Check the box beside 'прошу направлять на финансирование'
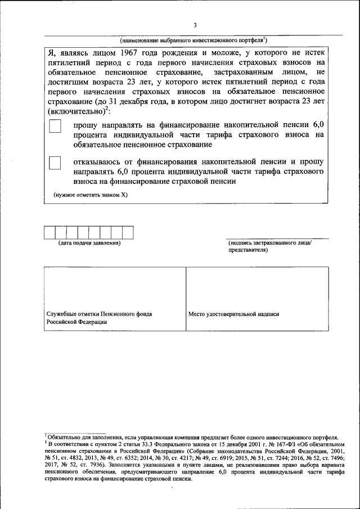click(x=55, y=127)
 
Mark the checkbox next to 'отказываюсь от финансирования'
click(x=55, y=163)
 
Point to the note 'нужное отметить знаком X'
click(x=91, y=195)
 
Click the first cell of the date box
click(x=49, y=232)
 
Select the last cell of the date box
click(x=128, y=232)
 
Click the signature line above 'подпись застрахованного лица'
click(x=270, y=238)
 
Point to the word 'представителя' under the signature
click(x=248, y=250)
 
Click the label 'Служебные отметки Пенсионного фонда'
click(x=98, y=314)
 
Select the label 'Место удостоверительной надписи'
click(x=233, y=314)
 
